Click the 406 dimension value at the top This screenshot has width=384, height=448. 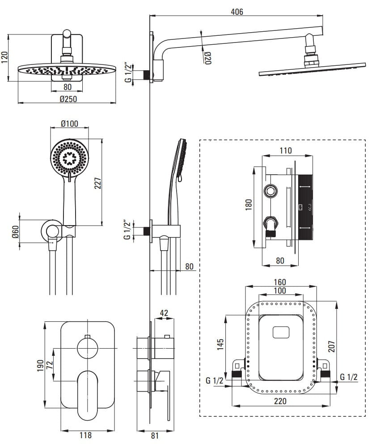[x=236, y=12]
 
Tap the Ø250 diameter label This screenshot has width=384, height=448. [x=68, y=99]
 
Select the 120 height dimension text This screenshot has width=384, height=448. [x=5, y=57]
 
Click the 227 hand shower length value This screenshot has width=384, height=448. [x=98, y=184]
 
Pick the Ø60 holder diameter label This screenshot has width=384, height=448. [x=15, y=231]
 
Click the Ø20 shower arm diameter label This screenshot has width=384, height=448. [x=207, y=58]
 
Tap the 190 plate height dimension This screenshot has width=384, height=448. [x=41, y=365]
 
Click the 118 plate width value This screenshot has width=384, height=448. [x=85, y=435]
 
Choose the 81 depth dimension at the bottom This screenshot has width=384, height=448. [x=155, y=435]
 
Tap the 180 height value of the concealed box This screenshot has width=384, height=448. [x=249, y=204]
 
